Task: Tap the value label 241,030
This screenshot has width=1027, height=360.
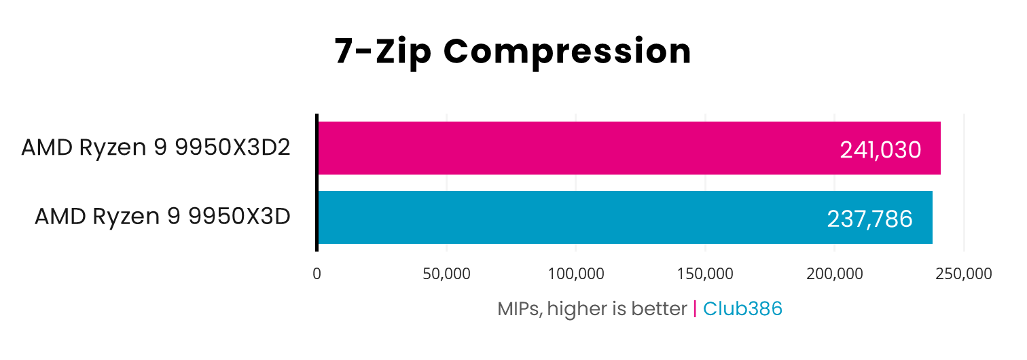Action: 880,149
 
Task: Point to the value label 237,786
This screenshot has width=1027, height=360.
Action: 869,219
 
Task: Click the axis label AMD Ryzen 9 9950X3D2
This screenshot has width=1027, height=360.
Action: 156,147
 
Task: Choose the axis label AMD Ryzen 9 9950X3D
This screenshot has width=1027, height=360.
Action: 163,217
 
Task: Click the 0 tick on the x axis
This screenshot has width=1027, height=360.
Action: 317,274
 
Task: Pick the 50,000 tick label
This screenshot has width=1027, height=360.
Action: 446,274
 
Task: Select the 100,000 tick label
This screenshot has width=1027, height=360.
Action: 576,274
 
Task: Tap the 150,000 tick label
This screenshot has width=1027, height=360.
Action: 705,274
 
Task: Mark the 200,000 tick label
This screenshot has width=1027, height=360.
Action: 835,274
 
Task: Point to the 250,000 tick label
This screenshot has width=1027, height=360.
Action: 964,274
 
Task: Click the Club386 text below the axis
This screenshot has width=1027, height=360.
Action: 742,309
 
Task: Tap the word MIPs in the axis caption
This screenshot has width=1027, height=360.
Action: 519,309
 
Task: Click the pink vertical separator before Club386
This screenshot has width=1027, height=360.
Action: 695,309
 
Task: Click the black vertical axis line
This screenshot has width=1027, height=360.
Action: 317,183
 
